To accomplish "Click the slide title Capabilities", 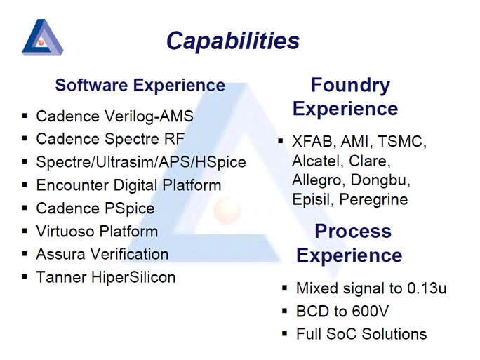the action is point(233,41).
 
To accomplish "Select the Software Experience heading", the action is point(140,86).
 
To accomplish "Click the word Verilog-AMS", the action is point(149,116).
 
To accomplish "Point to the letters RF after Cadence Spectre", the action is point(175,139).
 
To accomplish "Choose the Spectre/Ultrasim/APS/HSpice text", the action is point(141,162).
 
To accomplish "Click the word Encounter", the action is point(72,185).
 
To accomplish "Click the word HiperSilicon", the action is point(133,278).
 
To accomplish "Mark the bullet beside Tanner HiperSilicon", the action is point(25,277).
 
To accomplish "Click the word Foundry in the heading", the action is point(350,86).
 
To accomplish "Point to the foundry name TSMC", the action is point(401,142).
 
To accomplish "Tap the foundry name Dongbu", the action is point(380,180).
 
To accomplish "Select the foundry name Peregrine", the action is point(373,200).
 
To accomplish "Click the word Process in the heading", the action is point(353,231).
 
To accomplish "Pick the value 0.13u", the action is point(427,288).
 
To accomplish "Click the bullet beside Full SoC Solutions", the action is point(285,334).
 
